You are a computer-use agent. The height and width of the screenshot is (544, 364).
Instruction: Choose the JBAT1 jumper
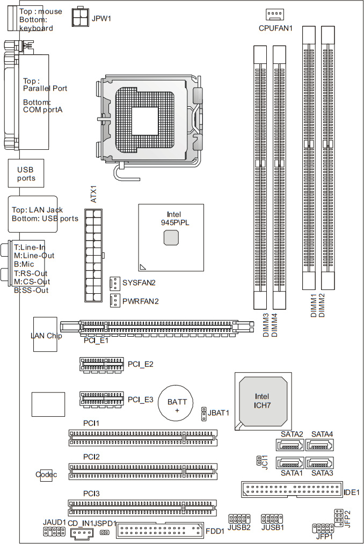(x=204, y=414)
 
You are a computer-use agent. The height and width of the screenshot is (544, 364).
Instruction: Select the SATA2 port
(x=289, y=445)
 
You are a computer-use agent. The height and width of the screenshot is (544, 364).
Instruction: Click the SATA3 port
(x=319, y=462)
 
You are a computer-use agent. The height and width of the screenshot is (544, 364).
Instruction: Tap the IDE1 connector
(x=290, y=490)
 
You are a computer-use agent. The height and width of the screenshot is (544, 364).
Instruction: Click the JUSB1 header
(x=269, y=519)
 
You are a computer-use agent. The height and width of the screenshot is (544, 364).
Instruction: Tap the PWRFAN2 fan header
(x=114, y=301)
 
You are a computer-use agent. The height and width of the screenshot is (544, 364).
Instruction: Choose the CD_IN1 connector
(x=81, y=532)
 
